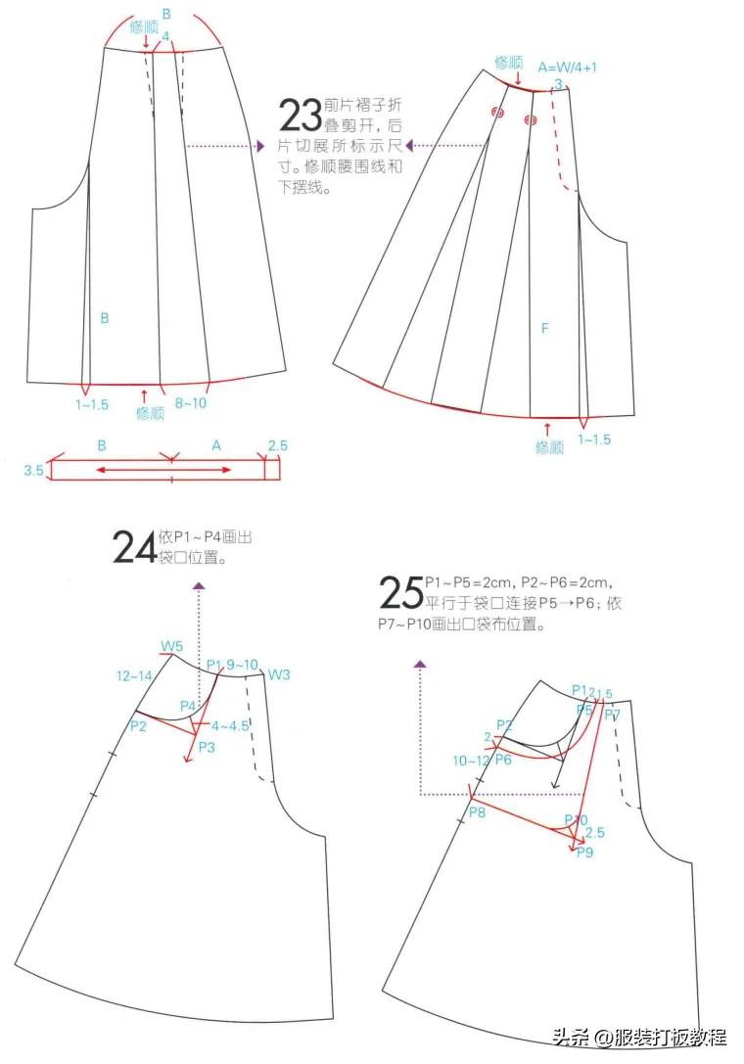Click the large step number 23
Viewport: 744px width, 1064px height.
point(301,116)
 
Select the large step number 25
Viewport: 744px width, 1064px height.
point(400,593)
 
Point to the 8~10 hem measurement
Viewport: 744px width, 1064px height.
point(191,402)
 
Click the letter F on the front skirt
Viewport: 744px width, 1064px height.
point(545,329)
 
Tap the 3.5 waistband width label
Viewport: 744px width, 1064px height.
point(33,471)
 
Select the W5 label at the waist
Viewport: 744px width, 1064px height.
point(172,646)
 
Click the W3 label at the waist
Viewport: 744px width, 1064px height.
point(279,674)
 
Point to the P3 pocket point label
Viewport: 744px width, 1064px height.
point(207,747)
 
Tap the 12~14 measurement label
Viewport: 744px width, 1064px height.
point(133,676)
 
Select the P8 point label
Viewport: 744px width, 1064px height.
point(477,812)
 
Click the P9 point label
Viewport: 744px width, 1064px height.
point(585,853)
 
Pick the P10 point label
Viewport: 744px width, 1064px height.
point(576,819)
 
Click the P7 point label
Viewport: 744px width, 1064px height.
point(612,715)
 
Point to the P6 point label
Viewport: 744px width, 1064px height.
point(503,760)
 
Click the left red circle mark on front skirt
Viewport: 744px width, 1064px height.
point(497,113)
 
